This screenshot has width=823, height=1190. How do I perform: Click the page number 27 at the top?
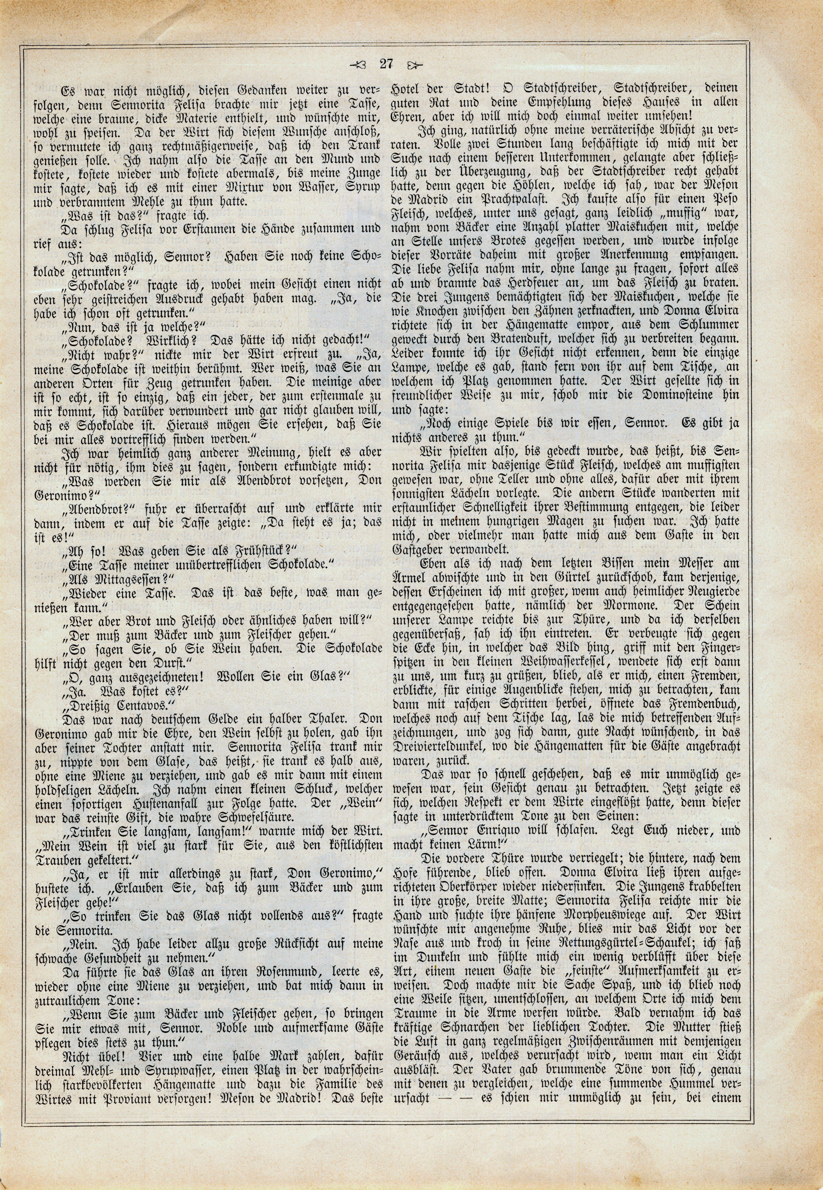(386, 64)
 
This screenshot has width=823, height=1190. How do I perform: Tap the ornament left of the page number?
(357, 65)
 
